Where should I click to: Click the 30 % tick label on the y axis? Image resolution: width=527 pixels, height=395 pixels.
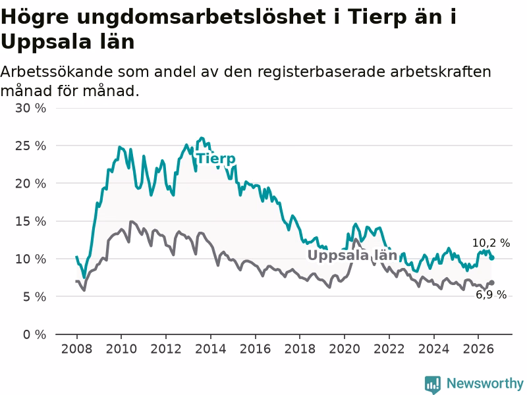(x=30, y=108)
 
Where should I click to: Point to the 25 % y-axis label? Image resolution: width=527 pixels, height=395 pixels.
(x=30, y=145)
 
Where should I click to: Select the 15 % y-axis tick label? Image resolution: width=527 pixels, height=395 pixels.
(x=30, y=221)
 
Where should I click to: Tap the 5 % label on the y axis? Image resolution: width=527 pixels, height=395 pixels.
(x=34, y=297)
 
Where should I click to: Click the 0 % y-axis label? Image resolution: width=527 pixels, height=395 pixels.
(x=34, y=334)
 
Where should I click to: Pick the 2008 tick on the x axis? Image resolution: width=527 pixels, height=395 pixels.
(x=76, y=349)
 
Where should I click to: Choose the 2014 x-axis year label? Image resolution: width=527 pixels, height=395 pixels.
(x=211, y=349)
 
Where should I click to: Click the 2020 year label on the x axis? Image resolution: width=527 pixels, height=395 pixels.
(x=345, y=349)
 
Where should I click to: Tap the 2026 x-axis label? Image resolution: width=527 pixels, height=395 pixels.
(x=478, y=349)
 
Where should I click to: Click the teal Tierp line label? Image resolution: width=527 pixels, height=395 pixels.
(x=216, y=159)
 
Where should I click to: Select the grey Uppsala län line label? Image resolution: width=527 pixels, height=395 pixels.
(x=352, y=255)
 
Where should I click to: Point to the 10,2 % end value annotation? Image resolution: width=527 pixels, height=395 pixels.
(x=491, y=243)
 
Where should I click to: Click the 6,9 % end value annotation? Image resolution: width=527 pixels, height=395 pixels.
(x=491, y=294)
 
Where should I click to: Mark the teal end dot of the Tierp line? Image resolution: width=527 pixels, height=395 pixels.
(x=492, y=258)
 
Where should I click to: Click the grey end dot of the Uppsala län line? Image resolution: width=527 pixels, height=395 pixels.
(x=492, y=283)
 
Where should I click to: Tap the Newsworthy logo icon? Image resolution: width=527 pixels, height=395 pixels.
(x=433, y=384)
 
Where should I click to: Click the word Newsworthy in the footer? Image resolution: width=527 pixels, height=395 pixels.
(x=485, y=383)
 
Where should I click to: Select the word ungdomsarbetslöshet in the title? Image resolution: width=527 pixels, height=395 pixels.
(x=201, y=17)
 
